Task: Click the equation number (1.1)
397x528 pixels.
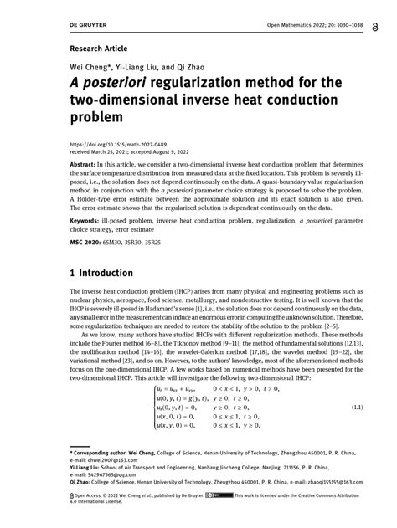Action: (354, 407)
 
